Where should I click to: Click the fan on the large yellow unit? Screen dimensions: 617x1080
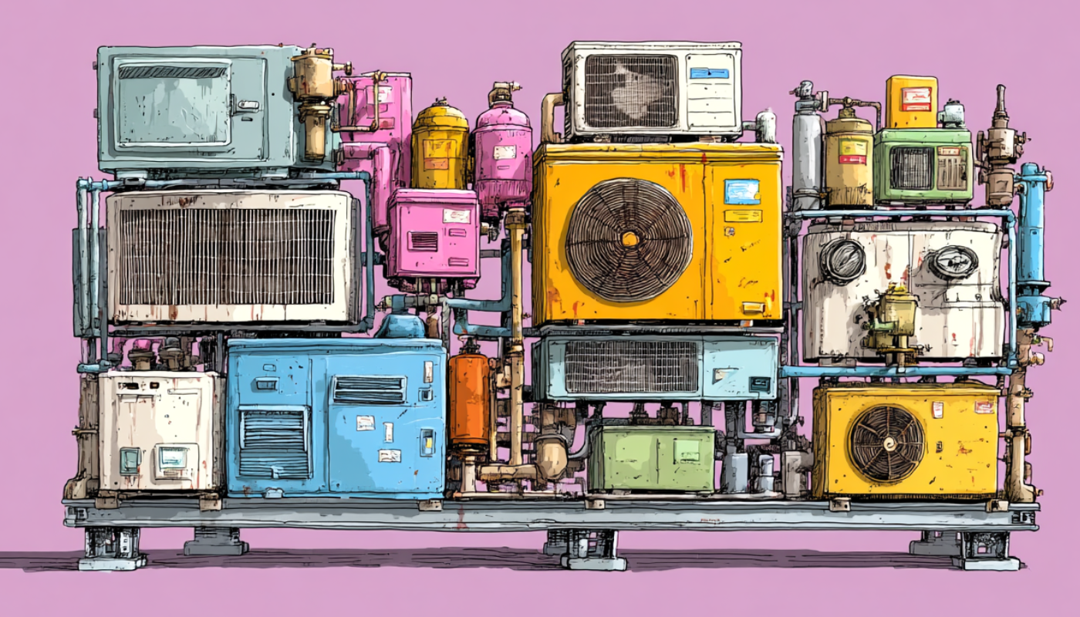point(629,239)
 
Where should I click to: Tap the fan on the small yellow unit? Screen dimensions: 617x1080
point(886,443)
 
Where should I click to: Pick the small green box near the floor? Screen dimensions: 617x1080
point(652,459)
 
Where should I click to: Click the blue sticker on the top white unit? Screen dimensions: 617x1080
point(709,73)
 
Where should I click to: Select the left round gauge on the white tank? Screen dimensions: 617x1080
point(842,261)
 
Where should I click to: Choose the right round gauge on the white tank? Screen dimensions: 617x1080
point(952,262)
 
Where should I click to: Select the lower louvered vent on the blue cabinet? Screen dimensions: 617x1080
point(274,441)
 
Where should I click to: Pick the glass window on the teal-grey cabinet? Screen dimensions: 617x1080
point(174,105)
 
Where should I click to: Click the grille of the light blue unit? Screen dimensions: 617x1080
point(631,367)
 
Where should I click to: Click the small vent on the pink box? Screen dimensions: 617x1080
point(424,241)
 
